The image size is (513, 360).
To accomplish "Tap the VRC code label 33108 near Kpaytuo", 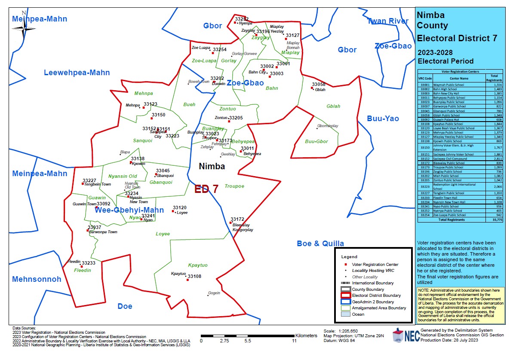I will tap(194, 276).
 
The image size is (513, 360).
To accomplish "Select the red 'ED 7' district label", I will tap(206, 189).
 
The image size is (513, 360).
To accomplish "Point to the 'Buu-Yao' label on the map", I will tap(383, 119).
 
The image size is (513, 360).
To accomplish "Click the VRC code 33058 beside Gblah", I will tap(319, 84).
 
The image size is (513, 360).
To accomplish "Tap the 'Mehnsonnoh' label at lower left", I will tap(37, 279).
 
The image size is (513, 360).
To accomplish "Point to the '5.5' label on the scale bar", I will tap(248, 341).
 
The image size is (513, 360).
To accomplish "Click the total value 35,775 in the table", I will tap(497, 220).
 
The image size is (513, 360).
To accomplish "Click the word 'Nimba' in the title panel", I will tap(432, 15).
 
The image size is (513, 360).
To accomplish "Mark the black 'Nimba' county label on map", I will tap(212, 166).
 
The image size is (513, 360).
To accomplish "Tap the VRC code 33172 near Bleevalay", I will tap(237, 219).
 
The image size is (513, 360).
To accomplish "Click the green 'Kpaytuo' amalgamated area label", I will tap(198, 265).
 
